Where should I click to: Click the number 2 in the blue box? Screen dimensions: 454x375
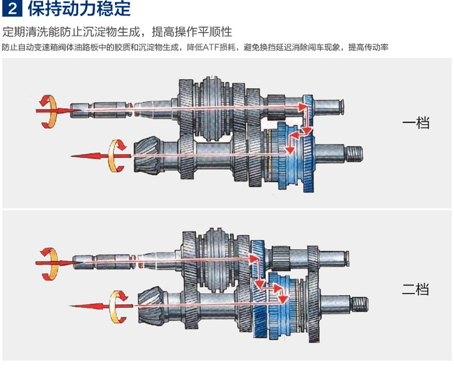[x=12, y=9]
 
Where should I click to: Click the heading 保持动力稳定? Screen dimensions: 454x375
[x=79, y=8]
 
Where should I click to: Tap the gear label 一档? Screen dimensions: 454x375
[x=416, y=123]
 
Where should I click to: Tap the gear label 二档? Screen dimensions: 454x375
[x=415, y=289]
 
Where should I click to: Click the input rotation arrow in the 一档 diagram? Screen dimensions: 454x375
[x=48, y=111]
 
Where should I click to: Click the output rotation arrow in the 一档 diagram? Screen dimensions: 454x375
[x=117, y=155]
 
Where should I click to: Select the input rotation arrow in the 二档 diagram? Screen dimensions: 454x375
[x=50, y=264]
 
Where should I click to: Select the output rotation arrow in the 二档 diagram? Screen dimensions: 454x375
[x=119, y=307]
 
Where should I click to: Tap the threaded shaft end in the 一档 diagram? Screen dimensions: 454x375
[x=354, y=154]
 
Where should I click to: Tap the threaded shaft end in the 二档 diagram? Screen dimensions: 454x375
[x=360, y=304]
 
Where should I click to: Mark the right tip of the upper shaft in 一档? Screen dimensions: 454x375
[x=344, y=106]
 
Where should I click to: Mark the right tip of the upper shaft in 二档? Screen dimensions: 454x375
[x=349, y=259]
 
